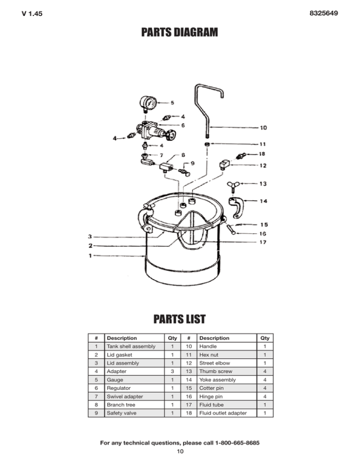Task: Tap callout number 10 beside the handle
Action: pyautogui.click(x=264, y=127)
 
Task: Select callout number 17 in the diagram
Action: pyautogui.click(x=264, y=242)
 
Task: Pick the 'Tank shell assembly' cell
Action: pyautogui.click(x=130, y=346)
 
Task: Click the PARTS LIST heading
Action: pyautogui.click(x=180, y=320)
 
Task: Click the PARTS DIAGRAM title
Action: pyautogui.click(x=180, y=33)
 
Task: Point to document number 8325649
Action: pyautogui.click(x=324, y=14)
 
